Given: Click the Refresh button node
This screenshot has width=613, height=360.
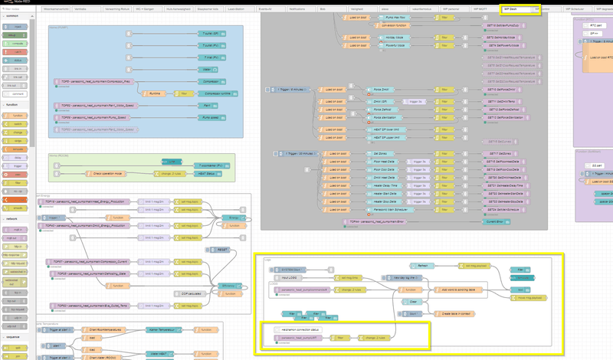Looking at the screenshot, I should [x=424, y=266].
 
